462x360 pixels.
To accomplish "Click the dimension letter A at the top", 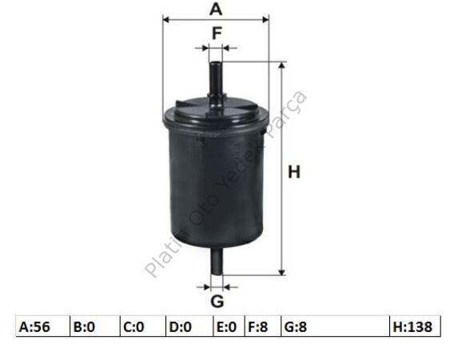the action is click(216, 9).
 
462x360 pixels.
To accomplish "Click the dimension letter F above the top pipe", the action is click(217, 33).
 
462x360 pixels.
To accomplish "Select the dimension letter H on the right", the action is click(294, 172).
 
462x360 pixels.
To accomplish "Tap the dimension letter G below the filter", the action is click(217, 302).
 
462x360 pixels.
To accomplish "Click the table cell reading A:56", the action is click(42, 326).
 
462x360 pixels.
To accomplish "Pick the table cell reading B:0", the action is click(95, 326).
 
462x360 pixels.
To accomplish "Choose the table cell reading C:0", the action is click(143, 326).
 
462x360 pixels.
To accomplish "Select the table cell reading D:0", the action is click(189, 326).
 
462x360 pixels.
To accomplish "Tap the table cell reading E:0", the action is click(229, 326).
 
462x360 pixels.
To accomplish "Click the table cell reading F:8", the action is click(263, 326).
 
